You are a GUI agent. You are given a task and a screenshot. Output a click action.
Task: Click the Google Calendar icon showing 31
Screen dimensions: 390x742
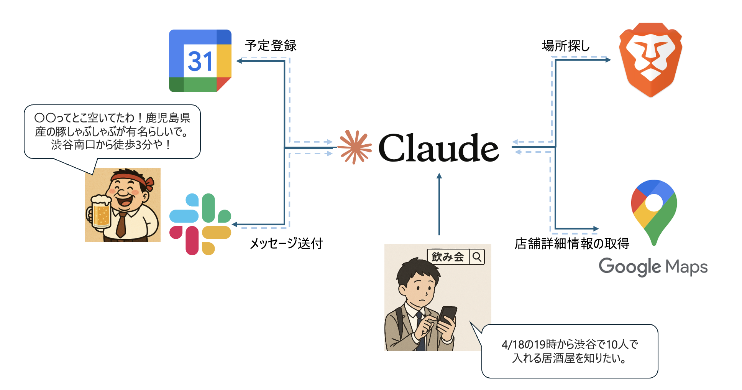(200, 61)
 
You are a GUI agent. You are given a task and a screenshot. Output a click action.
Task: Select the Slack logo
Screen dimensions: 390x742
(200, 224)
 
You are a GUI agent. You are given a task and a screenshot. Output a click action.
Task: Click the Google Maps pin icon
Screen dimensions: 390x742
(654, 209)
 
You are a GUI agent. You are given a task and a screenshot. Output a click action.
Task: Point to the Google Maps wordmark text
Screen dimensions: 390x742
(653, 266)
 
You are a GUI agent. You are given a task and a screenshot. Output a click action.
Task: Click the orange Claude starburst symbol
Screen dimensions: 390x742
(355, 147)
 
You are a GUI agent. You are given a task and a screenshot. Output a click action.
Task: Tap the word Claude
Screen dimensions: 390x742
(438, 148)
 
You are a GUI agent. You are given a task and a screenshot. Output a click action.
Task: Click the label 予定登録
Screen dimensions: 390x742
(271, 45)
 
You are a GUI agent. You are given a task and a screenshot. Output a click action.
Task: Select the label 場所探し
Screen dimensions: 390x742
(566, 46)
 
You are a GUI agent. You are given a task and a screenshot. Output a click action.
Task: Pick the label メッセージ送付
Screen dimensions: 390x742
(286, 243)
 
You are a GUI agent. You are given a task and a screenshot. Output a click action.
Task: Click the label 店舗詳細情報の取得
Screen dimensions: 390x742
(572, 243)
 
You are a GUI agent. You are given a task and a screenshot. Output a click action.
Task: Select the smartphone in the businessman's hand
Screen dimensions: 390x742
(447, 316)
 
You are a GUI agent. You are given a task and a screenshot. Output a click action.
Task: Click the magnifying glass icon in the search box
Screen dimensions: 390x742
(477, 257)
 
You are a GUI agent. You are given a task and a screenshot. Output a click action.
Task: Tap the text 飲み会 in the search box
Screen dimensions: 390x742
(448, 257)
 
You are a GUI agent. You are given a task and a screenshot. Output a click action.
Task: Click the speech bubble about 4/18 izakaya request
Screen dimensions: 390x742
(570, 351)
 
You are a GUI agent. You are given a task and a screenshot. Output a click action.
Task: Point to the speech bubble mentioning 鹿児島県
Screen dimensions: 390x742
(112, 131)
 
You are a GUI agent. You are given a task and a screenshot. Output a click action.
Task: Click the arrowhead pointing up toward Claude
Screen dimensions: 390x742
(439, 176)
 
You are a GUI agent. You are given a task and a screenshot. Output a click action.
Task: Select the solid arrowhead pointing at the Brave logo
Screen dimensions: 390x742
(608, 59)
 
